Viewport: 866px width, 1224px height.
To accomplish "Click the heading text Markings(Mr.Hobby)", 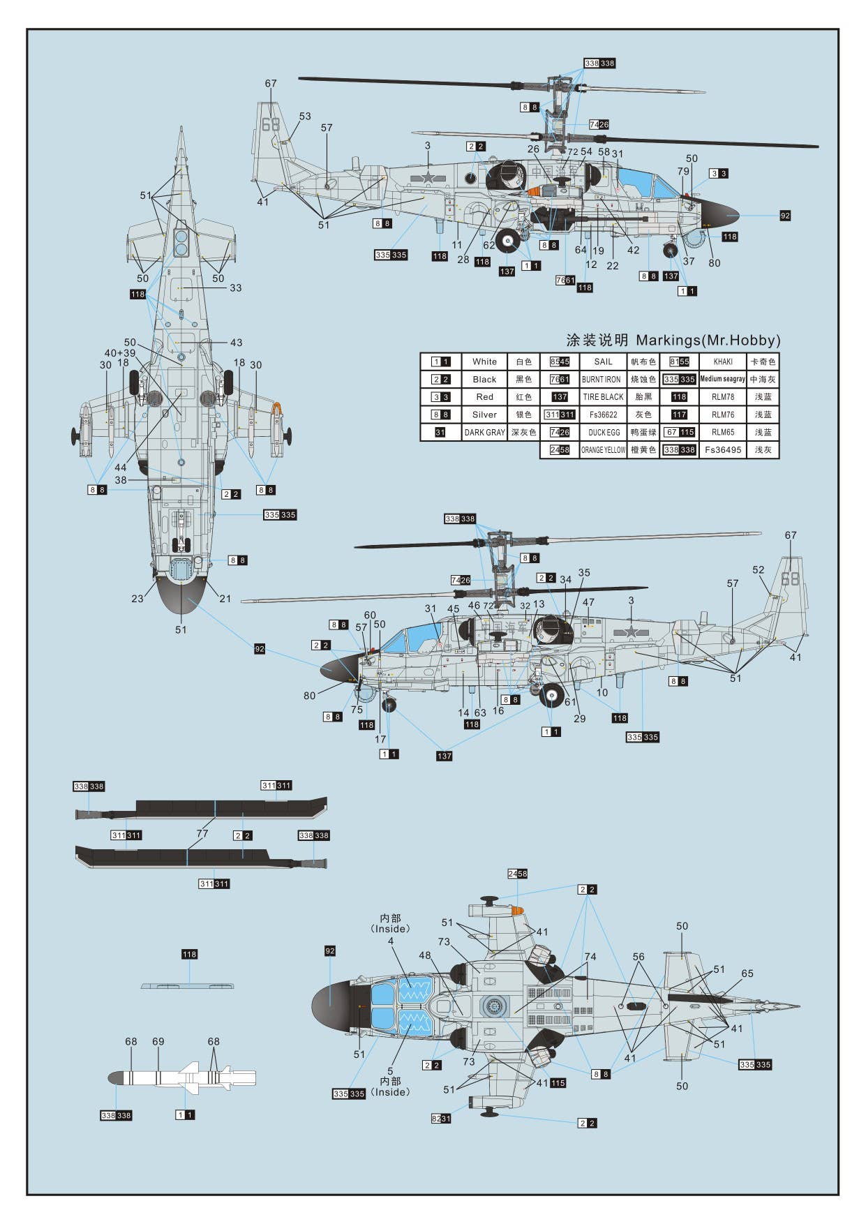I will point(708,341).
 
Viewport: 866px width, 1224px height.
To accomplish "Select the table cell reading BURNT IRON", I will point(601,380).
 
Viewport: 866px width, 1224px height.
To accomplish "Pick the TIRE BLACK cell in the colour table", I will point(603,397).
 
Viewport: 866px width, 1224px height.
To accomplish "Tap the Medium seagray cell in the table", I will point(722,379).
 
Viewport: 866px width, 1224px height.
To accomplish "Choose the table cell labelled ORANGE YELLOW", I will point(603,450).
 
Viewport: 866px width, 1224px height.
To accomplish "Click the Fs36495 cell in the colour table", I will point(722,450).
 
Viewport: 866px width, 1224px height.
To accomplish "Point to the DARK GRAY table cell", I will point(484,433).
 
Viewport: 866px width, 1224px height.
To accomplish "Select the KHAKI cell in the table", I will point(723,361).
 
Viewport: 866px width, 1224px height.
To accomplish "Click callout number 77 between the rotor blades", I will point(202,833).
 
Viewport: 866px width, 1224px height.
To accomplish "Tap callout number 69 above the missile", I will point(158,1041).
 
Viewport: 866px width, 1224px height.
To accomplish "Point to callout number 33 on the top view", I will point(236,288).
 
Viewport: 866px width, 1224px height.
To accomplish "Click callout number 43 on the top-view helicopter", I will point(237,343).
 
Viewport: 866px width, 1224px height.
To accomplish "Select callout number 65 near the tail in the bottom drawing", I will point(747,973).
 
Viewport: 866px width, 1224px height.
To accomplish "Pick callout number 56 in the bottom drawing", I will point(639,957).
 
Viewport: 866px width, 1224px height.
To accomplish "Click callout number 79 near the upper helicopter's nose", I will point(683,171).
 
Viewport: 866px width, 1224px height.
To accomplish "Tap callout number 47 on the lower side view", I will point(588,602).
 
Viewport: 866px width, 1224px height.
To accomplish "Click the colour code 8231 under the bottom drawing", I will point(440,1118).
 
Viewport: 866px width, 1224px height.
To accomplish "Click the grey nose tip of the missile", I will point(114,1078).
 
